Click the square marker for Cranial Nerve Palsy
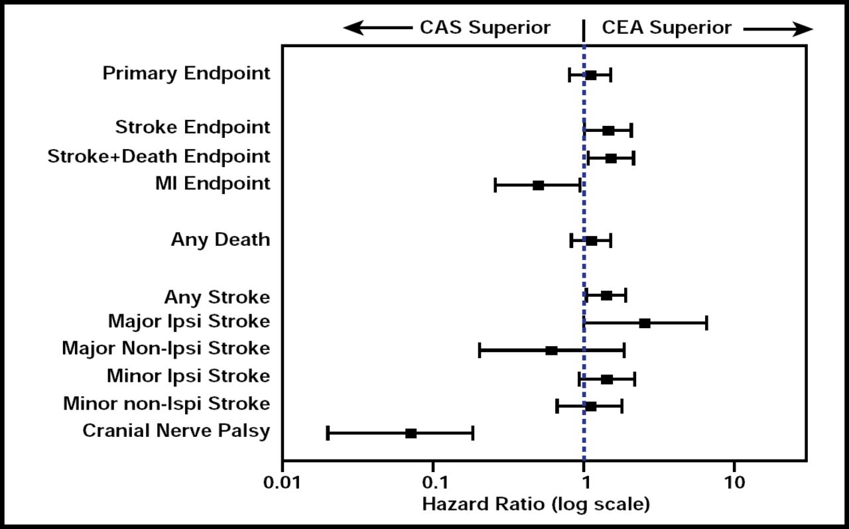pyautogui.click(x=411, y=434)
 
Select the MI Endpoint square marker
pyautogui.click(x=538, y=186)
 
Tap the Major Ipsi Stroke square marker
pyautogui.click(x=645, y=323)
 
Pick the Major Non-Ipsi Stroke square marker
pyautogui.click(x=551, y=351)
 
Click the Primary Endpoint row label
pyautogui.click(x=186, y=74)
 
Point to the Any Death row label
pyautogui.click(x=220, y=239)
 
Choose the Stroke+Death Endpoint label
pyautogui.click(x=159, y=157)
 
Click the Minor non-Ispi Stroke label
pyautogui.click(x=166, y=404)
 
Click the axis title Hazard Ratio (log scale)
pyautogui.click(x=536, y=504)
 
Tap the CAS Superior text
pyautogui.click(x=485, y=28)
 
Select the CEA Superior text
pyautogui.click(x=666, y=28)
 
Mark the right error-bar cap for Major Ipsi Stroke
pyautogui.click(x=706, y=323)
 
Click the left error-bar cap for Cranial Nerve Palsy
pyautogui.click(x=328, y=434)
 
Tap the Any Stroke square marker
pyautogui.click(x=606, y=296)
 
